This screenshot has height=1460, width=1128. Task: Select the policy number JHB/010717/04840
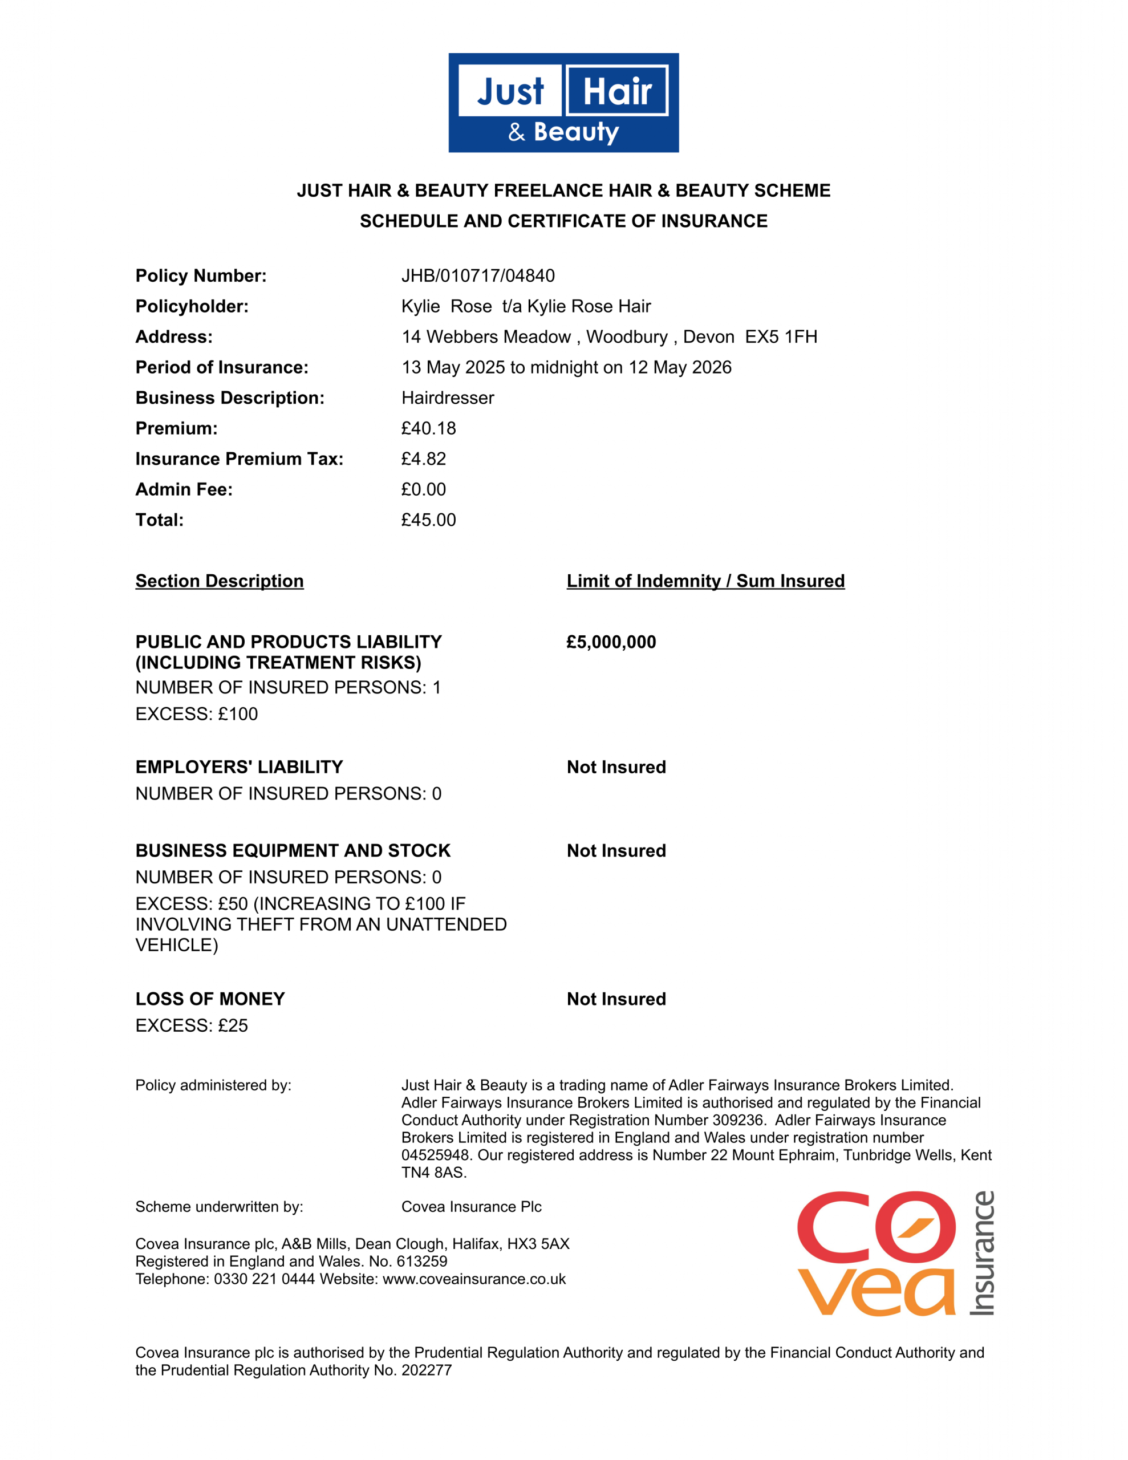click(x=477, y=275)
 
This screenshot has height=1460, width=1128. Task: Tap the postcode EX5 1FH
click(x=781, y=337)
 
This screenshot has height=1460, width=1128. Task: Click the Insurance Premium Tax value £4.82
click(x=423, y=459)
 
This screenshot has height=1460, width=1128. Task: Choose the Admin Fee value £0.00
click(x=423, y=489)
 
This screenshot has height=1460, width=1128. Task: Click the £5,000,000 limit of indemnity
click(x=611, y=642)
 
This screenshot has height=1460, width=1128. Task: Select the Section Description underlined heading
click(x=220, y=581)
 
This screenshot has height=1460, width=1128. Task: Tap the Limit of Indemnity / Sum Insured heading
click(x=705, y=581)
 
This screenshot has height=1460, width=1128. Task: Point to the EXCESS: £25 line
click(x=191, y=1025)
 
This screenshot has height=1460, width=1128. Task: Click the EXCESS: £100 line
click(x=197, y=714)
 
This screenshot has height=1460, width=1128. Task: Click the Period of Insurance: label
click(x=222, y=368)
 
